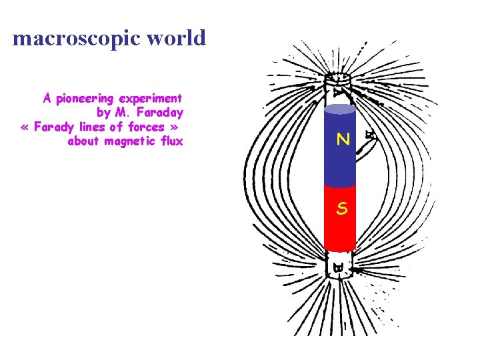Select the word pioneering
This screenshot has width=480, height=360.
click(x=85, y=99)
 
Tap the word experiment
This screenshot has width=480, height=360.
click(x=151, y=99)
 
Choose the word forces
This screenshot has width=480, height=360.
click(x=147, y=127)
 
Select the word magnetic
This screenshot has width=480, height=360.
click(x=130, y=141)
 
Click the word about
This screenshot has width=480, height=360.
click(x=84, y=141)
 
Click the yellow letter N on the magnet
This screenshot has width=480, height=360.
click(x=343, y=140)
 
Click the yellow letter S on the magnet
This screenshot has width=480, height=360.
click(x=341, y=209)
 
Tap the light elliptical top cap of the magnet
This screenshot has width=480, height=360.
click(x=340, y=109)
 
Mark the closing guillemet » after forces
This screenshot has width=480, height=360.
click(x=175, y=127)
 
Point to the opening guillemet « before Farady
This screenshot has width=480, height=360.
click(x=25, y=127)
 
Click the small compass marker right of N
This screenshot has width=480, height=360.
click(x=371, y=137)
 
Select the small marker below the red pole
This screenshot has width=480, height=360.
click(x=339, y=269)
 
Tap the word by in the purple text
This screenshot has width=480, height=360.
click(x=103, y=113)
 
